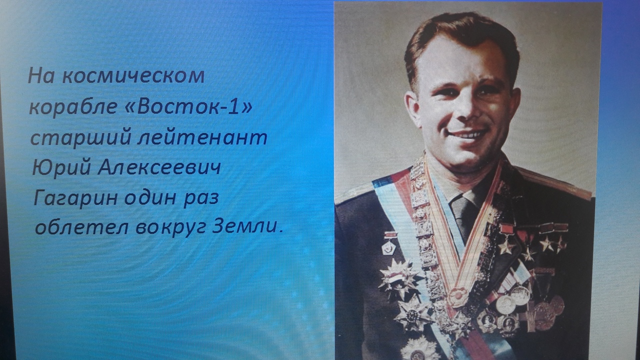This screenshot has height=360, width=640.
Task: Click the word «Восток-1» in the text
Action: (x=189, y=106)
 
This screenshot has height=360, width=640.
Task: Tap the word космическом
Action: (x=133, y=76)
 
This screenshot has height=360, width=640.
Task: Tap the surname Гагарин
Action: (x=75, y=198)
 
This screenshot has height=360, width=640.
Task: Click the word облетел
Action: (x=81, y=227)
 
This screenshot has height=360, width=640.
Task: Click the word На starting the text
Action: (x=41, y=76)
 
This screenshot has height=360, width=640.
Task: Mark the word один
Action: (x=150, y=197)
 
